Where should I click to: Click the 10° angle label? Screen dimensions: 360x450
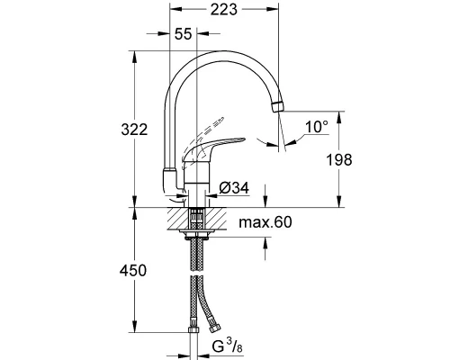point(314,128)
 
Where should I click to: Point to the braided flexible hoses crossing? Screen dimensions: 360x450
point(197,288)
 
